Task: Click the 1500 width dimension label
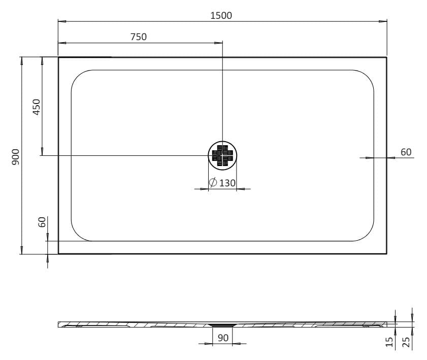coord(221,16)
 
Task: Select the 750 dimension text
coord(138,37)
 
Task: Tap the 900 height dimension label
coord(16,157)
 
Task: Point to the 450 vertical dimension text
coord(37,107)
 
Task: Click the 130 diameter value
coord(227,183)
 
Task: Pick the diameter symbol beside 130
coord(213,182)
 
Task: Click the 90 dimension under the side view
coord(223,338)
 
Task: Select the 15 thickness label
coord(390,342)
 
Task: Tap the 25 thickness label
coord(406,342)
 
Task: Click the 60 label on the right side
coord(406,152)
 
